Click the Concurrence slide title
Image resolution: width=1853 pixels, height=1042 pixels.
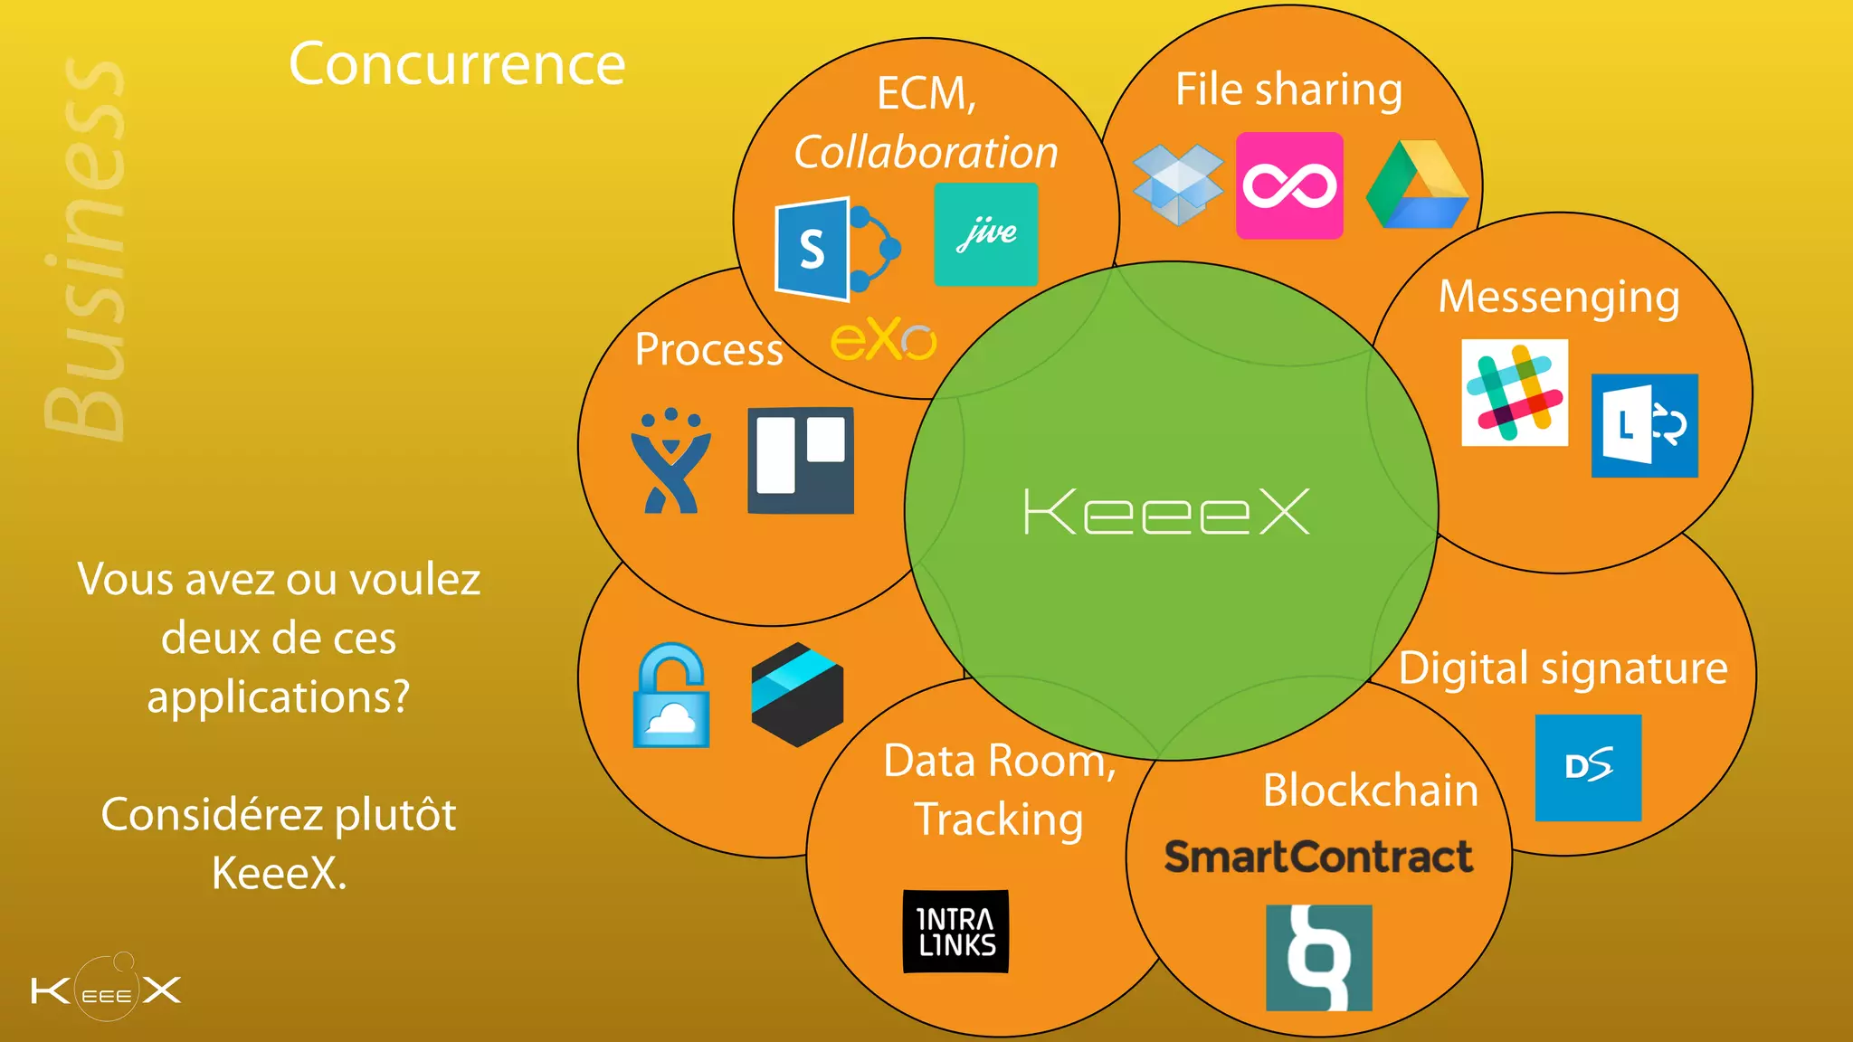coord(457,64)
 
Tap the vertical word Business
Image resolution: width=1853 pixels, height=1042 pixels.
coord(86,249)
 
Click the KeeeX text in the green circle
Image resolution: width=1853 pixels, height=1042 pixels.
coord(1166,512)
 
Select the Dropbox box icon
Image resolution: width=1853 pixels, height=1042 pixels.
coord(1177,185)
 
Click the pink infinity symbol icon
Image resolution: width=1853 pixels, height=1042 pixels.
coord(1289,185)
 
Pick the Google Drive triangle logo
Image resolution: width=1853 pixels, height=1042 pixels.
coord(1417,185)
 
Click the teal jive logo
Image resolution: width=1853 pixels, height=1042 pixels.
coord(986,234)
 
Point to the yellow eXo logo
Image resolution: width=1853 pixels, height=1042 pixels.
coord(883,341)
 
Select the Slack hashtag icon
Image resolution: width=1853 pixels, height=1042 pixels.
coord(1515,393)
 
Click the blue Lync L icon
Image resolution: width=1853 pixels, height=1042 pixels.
coord(1644,425)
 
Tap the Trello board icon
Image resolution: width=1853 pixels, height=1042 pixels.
coord(801,459)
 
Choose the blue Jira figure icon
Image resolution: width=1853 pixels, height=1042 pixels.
coord(670,461)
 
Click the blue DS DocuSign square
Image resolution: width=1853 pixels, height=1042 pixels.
coord(1588,767)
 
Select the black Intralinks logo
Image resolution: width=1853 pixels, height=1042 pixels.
coord(955,932)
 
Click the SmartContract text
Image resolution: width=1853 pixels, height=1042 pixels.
coord(1318,857)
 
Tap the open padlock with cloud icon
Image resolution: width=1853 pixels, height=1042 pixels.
coord(670,696)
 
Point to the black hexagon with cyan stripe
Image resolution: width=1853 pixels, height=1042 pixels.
coord(797,695)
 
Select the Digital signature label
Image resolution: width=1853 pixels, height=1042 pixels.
coord(1563,668)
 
